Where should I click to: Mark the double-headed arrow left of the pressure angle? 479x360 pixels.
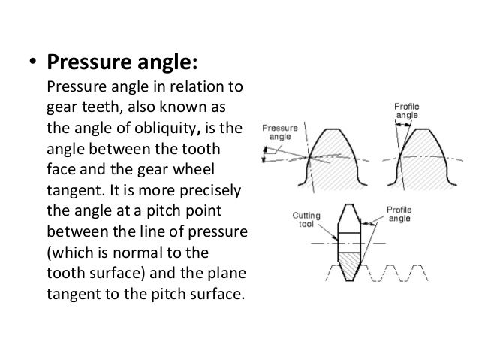265,154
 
